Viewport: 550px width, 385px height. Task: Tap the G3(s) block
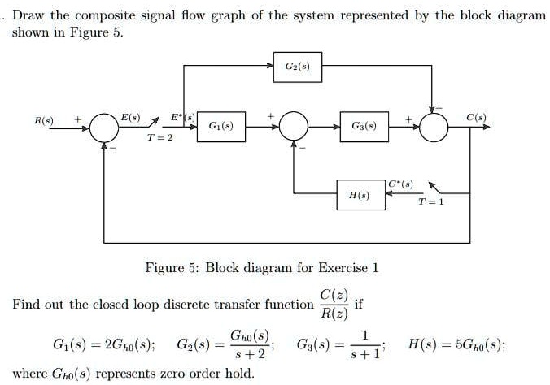(362, 127)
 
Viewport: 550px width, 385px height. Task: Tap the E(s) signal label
(131, 118)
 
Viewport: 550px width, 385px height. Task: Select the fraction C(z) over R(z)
(334, 305)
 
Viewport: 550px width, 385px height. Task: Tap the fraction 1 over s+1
(365, 344)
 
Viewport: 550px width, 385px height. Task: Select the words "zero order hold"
(211, 374)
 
